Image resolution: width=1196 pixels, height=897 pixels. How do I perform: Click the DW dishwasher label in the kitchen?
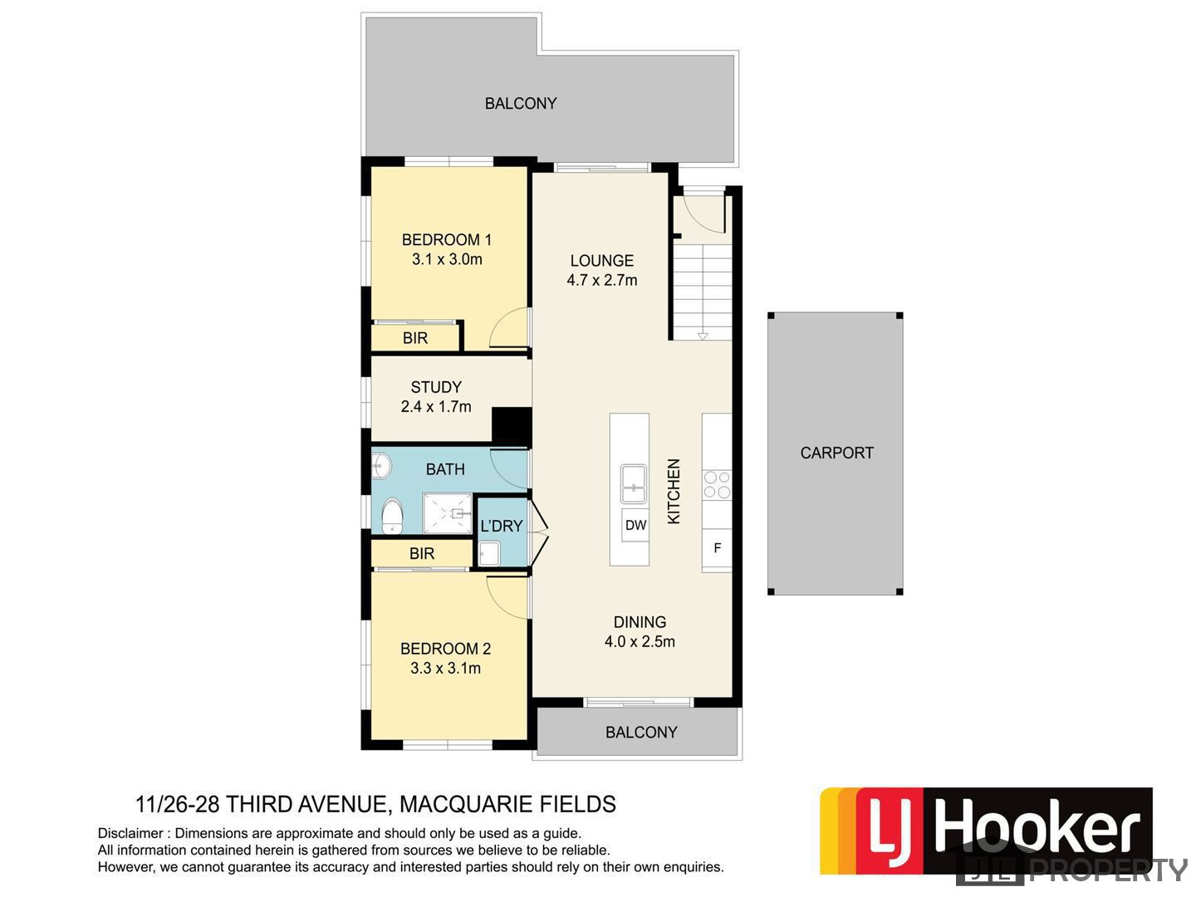[x=635, y=525]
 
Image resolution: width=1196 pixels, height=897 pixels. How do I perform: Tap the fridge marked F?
[x=717, y=548]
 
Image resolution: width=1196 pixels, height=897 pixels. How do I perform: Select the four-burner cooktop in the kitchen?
[x=717, y=485]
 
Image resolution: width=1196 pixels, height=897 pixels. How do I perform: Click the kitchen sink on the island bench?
[x=634, y=483]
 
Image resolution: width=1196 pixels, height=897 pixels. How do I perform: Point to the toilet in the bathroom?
[x=392, y=516]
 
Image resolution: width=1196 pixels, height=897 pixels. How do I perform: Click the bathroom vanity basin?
[x=381, y=467]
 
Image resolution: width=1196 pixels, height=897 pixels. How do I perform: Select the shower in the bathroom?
[x=448, y=513]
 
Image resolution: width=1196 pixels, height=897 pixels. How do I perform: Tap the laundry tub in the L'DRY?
[x=488, y=553]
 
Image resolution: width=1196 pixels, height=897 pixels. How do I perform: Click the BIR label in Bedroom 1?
[x=415, y=338]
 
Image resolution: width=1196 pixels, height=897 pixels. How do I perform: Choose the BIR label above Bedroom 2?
[x=422, y=553]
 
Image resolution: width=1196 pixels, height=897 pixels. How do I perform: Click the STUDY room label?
[x=436, y=387]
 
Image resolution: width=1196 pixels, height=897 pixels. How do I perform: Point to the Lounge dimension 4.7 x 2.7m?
[x=601, y=280]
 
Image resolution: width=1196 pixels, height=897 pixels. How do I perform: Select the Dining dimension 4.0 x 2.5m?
[x=640, y=641]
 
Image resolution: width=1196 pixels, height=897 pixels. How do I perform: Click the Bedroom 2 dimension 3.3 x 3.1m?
[x=445, y=668]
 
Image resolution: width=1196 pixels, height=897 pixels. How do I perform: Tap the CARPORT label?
[x=836, y=453]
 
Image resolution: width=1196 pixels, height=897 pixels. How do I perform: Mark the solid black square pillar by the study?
[x=512, y=427]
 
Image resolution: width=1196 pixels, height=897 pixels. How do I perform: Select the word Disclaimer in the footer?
[x=130, y=833]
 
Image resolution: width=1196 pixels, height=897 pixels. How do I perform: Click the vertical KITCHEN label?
[x=674, y=491]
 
